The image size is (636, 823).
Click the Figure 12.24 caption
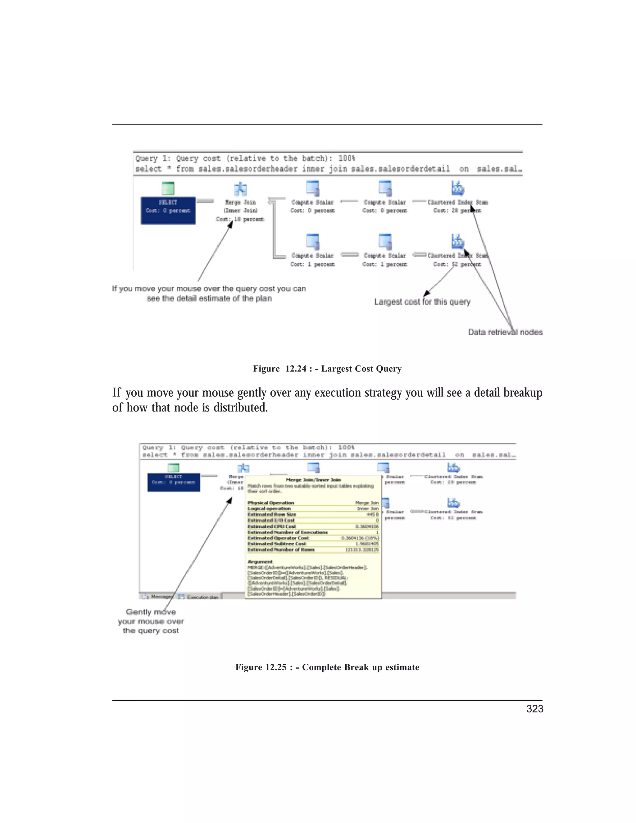327,369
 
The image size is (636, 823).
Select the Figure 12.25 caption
327,667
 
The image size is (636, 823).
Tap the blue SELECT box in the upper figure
168,210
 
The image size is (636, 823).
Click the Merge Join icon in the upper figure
240,189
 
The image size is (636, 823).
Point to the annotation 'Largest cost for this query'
422,302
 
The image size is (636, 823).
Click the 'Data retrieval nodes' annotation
505,332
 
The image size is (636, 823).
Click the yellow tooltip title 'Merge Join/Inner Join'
313,480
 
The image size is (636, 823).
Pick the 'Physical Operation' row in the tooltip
313,503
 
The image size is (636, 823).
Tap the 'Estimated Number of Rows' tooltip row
313,550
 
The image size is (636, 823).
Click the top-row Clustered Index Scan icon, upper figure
457,188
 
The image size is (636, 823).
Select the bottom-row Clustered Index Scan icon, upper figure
457,242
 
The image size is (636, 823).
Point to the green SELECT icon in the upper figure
168,188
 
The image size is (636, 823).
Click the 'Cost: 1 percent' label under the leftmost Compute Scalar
312,264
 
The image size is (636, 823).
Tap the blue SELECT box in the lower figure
173,482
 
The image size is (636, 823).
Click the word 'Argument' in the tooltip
260,562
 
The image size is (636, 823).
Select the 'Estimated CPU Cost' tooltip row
313,526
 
